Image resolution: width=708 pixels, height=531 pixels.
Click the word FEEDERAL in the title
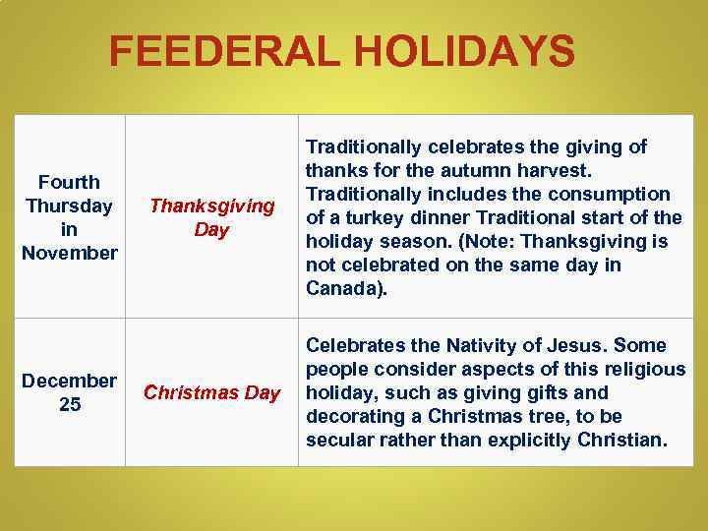(219, 51)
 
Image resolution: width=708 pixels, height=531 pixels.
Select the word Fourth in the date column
(69, 182)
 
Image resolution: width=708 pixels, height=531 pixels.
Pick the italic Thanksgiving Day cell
(211, 217)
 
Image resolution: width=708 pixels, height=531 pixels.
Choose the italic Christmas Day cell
(211, 392)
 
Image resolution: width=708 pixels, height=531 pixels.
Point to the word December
(70, 381)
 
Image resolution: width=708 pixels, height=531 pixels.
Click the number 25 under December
(70, 404)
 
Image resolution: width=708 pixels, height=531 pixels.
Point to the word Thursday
(70, 206)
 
